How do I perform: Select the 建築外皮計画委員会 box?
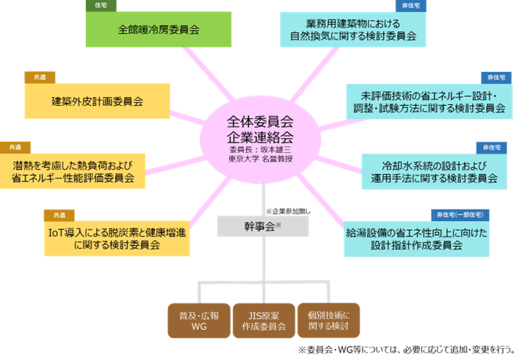(x=97, y=101)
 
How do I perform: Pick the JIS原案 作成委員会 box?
(x=263, y=320)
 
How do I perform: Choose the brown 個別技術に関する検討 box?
(x=329, y=320)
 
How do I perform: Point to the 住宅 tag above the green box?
(x=101, y=4)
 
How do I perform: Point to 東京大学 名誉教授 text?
(x=260, y=159)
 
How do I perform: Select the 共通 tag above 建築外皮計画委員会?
(x=40, y=76)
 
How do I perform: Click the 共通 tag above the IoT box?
(x=59, y=215)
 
